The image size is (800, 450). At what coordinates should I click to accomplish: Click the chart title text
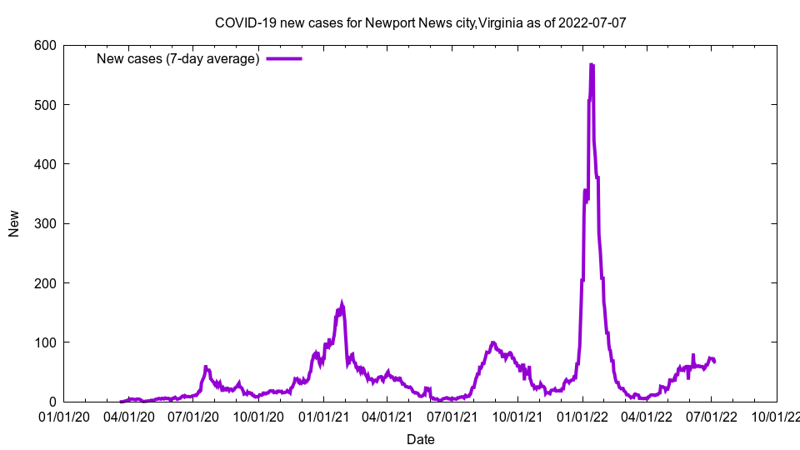coord(420,22)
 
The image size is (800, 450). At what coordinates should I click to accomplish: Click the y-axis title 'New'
coord(14,223)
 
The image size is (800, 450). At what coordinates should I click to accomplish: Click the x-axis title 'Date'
coord(420,439)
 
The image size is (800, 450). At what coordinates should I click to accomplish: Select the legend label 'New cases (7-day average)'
coord(177,58)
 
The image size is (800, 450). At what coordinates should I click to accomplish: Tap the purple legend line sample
coord(283,58)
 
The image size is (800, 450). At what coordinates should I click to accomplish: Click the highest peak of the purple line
coord(591,64)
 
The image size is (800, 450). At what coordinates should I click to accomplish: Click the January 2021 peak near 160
coord(342,305)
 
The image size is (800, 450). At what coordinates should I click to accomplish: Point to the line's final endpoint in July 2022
coord(715,362)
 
